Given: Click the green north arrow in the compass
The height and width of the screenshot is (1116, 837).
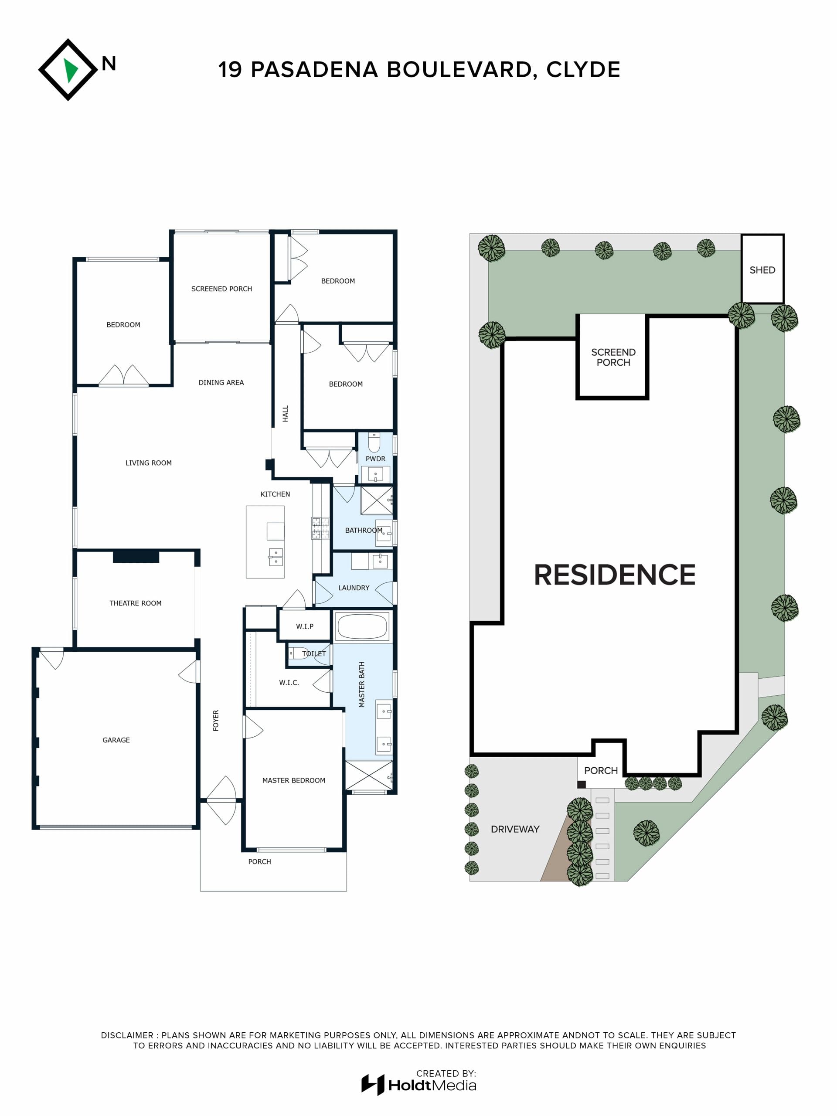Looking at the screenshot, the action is (x=70, y=70).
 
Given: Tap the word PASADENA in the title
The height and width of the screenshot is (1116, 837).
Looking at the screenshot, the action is (x=314, y=70).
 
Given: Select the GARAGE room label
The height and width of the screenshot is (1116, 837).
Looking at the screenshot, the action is (x=116, y=740).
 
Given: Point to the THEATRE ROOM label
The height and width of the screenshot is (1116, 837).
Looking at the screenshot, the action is (x=135, y=603).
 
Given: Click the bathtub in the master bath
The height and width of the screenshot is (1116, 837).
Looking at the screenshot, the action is (x=362, y=626).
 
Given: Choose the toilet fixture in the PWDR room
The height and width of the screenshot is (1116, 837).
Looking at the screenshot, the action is (x=374, y=442).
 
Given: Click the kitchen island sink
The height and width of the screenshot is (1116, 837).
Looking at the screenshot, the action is (x=276, y=557).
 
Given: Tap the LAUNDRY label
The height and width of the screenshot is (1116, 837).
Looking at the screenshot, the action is (x=354, y=588).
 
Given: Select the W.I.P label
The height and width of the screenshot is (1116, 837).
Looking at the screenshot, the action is (x=305, y=626).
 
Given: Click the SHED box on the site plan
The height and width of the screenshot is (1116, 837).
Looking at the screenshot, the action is (x=762, y=269).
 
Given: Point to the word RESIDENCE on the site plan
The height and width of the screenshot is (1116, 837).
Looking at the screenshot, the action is (x=615, y=575).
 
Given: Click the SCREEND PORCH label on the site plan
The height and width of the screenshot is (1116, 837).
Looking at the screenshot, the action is (x=613, y=357).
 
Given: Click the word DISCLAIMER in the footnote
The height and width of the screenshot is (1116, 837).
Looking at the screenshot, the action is (x=126, y=1035).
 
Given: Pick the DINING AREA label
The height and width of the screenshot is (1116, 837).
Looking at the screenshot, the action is (x=221, y=382).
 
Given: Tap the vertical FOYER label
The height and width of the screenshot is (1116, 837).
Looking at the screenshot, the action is (x=216, y=721).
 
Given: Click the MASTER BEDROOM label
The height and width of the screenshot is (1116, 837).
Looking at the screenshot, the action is (x=294, y=780).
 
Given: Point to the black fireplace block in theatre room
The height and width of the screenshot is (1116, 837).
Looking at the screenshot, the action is (x=136, y=557).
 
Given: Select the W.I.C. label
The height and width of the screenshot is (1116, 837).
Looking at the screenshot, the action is (x=289, y=683).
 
